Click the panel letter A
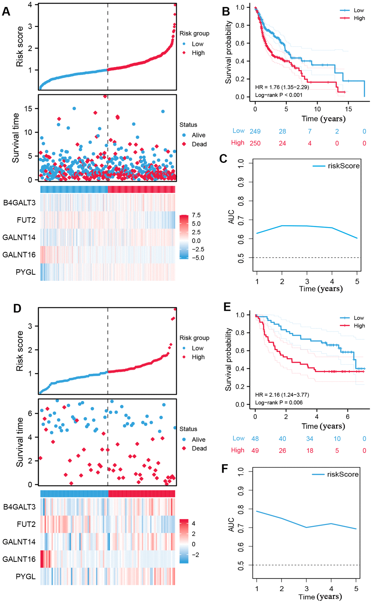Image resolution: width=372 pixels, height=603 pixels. [6, 12]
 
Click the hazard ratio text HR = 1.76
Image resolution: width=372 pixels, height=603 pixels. [282, 87]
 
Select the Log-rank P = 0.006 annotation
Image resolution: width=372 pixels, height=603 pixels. [279, 403]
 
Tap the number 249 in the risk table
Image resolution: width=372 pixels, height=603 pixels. [255, 132]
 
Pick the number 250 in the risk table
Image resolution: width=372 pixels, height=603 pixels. [255, 144]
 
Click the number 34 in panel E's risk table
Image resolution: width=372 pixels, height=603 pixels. [309, 439]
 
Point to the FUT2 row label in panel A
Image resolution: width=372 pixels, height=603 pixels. [26, 220]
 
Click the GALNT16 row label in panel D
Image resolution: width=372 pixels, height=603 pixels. [19, 559]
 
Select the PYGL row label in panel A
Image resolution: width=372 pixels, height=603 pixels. [26, 272]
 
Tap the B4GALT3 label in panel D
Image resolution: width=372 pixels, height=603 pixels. [19, 507]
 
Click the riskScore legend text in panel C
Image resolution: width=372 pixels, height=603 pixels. [344, 166]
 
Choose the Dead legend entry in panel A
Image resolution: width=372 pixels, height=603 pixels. [199, 144]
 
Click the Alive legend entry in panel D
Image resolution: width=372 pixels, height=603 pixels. [198, 440]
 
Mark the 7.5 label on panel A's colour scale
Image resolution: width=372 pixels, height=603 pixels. [196, 215]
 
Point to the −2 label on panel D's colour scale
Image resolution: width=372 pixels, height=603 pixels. [195, 555]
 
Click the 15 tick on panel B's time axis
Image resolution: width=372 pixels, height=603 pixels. [348, 109]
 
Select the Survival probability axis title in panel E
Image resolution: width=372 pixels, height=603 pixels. [229, 359]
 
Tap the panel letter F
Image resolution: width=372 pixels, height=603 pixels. [225, 469]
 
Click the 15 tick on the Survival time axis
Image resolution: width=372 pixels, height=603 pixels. [28, 109]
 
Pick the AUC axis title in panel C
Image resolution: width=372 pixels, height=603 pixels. [231, 217]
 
